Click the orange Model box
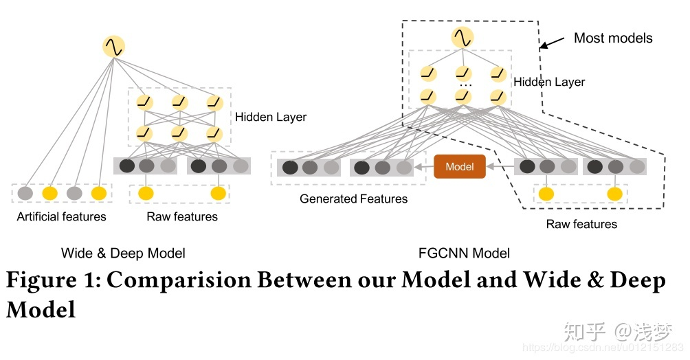click(459, 166)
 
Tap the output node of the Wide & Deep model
click(113, 47)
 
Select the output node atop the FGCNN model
click(463, 37)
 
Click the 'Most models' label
click(613, 38)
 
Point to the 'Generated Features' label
click(353, 199)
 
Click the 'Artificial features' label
click(62, 216)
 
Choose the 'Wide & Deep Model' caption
click(123, 253)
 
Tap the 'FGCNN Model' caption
click(464, 253)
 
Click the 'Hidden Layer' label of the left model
click(271, 117)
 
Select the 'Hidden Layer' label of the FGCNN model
click(549, 82)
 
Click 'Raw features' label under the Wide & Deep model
click(182, 216)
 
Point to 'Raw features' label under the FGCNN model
click(581, 224)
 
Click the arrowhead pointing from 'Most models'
click(543, 47)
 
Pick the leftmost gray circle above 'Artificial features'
click(25, 194)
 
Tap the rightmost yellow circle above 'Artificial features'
click(98, 194)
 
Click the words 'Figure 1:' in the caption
click(52, 281)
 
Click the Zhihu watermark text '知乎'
click(584, 332)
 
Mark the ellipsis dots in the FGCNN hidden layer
click(465, 85)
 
